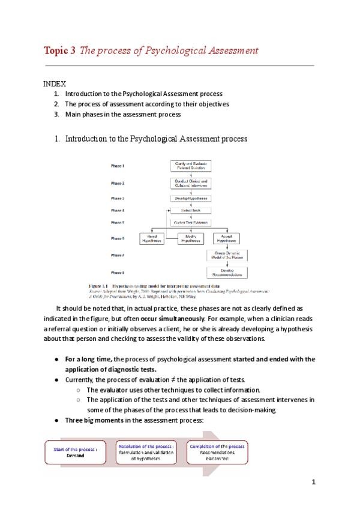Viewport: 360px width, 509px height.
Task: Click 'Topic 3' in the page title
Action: pos(59,50)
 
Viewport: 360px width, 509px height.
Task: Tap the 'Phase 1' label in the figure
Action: pos(117,165)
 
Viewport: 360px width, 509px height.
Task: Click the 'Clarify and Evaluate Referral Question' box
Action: pos(190,165)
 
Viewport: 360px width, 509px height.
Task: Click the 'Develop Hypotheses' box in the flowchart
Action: pos(190,197)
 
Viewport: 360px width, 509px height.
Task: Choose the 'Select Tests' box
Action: pos(190,211)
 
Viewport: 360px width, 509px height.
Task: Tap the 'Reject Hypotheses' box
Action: pos(152,238)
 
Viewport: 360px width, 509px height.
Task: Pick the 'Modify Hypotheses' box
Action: pos(190,238)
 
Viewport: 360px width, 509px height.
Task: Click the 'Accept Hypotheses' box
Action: pos(227,238)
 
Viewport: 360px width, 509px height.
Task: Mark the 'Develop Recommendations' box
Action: pos(227,273)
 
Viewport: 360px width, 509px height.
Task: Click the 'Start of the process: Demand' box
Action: pos(76,451)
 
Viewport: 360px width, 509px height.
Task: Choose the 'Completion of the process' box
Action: pos(217,451)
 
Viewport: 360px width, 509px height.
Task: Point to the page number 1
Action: pos(313,483)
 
